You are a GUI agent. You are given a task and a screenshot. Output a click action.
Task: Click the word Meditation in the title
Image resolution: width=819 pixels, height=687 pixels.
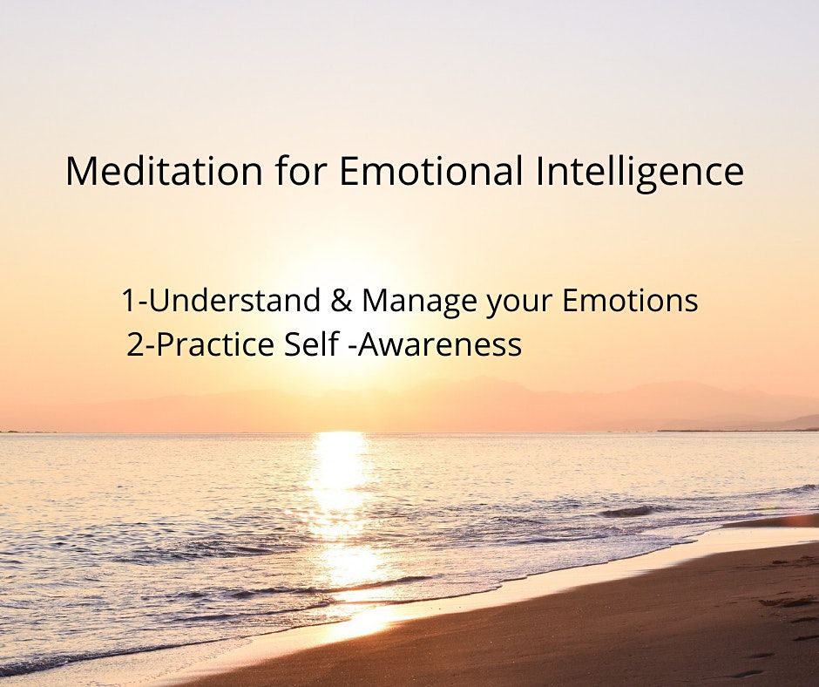(164, 171)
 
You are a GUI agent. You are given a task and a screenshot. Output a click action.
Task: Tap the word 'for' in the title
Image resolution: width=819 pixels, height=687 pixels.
(301, 171)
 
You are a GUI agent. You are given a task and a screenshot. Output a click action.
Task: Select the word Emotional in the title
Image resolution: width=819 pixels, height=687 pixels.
(430, 171)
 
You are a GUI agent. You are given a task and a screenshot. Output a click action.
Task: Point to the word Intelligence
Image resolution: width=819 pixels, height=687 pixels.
(640, 173)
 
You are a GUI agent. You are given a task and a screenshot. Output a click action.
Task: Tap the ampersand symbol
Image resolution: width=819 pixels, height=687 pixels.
(341, 302)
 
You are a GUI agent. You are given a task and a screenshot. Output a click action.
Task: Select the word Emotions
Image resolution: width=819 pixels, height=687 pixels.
(630, 301)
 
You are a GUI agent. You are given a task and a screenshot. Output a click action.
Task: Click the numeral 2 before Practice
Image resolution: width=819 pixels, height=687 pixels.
(136, 346)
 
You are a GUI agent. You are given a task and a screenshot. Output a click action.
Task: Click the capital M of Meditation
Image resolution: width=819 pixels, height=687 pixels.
(80, 172)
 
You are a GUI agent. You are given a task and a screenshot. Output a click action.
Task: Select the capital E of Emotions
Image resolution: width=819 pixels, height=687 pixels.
(571, 302)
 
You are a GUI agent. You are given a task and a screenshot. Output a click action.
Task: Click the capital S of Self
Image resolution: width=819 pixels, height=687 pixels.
(293, 345)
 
